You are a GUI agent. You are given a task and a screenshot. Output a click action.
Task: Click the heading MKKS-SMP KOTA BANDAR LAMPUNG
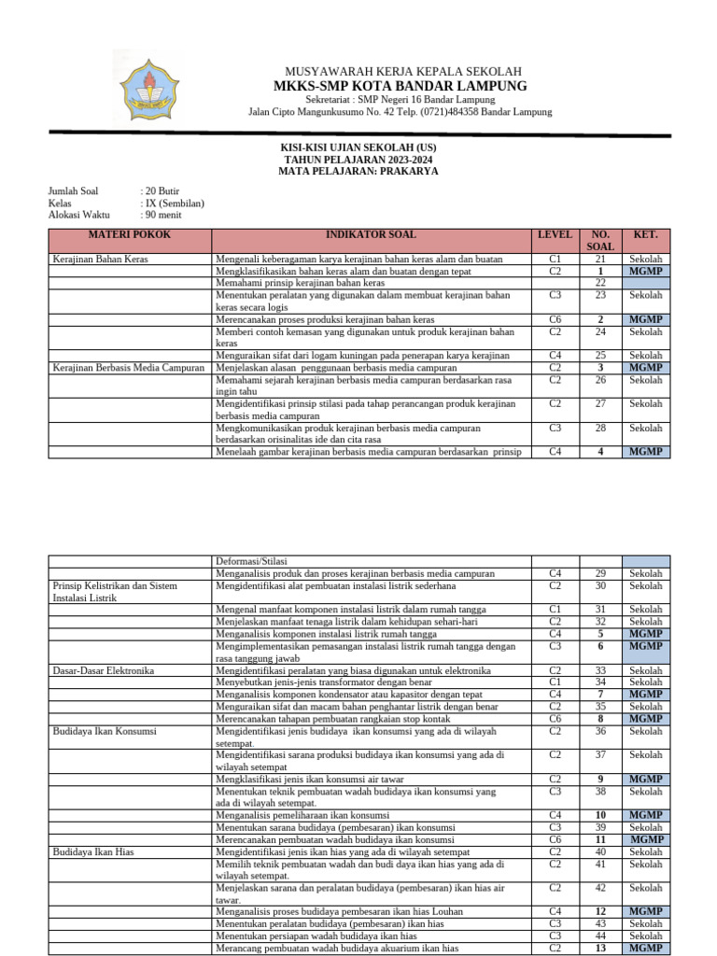tap(400, 86)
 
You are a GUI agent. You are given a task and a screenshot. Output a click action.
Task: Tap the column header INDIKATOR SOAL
tap(371, 235)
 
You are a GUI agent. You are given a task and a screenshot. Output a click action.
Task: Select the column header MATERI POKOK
tap(130, 235)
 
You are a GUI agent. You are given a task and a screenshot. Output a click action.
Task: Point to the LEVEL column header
tap(555, 235)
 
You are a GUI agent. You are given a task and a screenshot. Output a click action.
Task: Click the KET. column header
tap(646, 235)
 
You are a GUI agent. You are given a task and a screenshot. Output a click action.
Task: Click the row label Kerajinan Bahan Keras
tap(100, 259)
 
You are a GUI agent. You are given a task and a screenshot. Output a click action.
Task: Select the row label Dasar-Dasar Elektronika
tap(104, 670)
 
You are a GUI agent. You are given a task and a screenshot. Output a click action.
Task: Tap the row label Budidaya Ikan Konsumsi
tap(105, 731)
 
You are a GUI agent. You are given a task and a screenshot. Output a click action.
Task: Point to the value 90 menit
tap(163, 215)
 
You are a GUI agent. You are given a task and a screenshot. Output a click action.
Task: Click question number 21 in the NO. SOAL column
tap(600, 259)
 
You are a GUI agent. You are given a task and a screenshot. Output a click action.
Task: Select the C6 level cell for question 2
tap(555, 319)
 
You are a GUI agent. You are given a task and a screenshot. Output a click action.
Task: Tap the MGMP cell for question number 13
tap(646, 949)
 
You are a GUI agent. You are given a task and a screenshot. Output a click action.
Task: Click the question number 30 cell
tap(600, 585)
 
